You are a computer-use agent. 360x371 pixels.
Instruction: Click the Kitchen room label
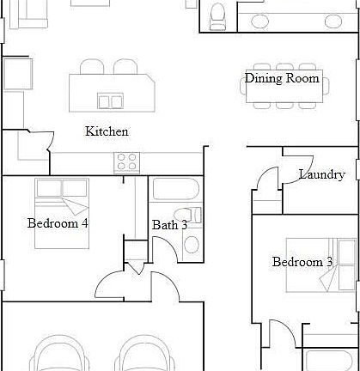coord(107,131)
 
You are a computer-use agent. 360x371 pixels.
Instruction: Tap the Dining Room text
coord(282,78)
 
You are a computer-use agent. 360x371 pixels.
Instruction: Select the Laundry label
coord(321,174)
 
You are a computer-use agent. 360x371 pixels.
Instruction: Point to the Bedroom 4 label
coord(58,223)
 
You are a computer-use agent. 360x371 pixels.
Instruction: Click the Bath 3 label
coord(170,225)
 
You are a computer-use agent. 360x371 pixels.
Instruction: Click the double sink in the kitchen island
coord(110,101)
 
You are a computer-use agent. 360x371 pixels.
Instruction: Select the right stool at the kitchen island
coord(125,67)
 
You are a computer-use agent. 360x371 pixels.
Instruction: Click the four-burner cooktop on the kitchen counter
coord(127,160)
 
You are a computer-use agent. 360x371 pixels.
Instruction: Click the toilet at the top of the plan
coord(217,13)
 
